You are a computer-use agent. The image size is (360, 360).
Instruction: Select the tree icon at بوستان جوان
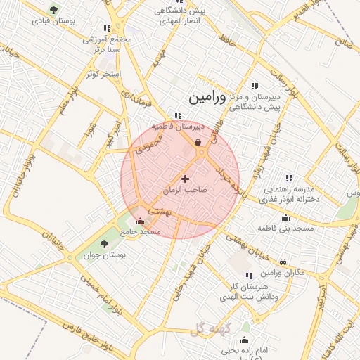[x=103, y=243]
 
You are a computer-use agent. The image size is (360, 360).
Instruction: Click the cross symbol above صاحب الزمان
[x=185, y=179]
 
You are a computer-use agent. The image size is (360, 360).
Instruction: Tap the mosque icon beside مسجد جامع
[x=140, y=220]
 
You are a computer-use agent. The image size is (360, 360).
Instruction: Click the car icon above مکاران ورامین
[x=283, y=262]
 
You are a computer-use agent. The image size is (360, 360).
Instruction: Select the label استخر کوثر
[x=103, y=73]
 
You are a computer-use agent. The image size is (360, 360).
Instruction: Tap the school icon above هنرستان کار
[x=247, y=276]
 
